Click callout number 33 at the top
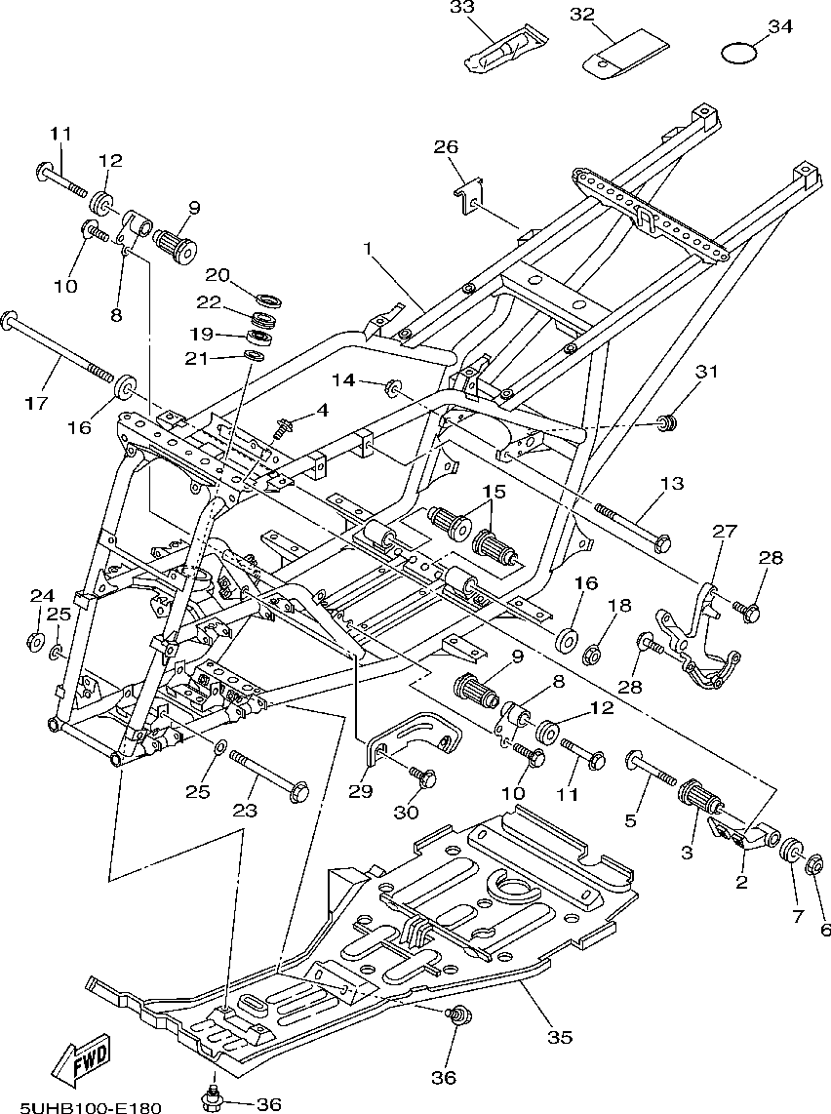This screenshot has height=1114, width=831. [461, 8]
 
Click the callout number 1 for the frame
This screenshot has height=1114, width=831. [369, 249]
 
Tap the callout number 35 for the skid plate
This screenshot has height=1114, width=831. [559, 1037]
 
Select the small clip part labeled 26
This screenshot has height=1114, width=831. [468, 194]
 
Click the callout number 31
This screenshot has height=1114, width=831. [706, 371]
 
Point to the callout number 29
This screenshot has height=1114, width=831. [360, 791]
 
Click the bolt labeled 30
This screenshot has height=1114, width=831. [424, 777]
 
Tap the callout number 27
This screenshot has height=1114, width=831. [723, 531]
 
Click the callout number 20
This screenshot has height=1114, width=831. [217, 274]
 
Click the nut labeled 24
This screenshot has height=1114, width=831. [36, 641]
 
